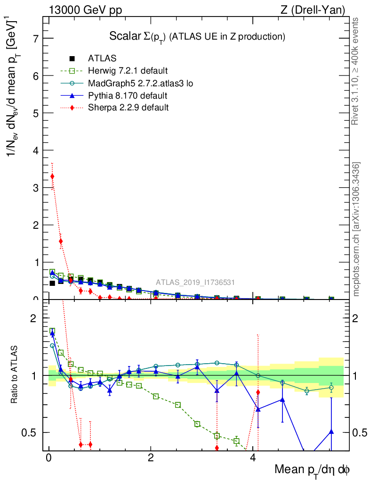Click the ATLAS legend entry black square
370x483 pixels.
72,58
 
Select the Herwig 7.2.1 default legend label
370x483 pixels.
128,71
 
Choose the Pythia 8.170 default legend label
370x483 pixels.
128,96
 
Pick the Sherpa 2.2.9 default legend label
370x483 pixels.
128,108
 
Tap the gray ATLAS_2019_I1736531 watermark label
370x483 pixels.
195,283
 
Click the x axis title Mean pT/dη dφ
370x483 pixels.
312,470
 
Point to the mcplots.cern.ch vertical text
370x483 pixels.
356,230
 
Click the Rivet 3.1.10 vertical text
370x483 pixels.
356,71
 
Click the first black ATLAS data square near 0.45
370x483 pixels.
52,283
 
